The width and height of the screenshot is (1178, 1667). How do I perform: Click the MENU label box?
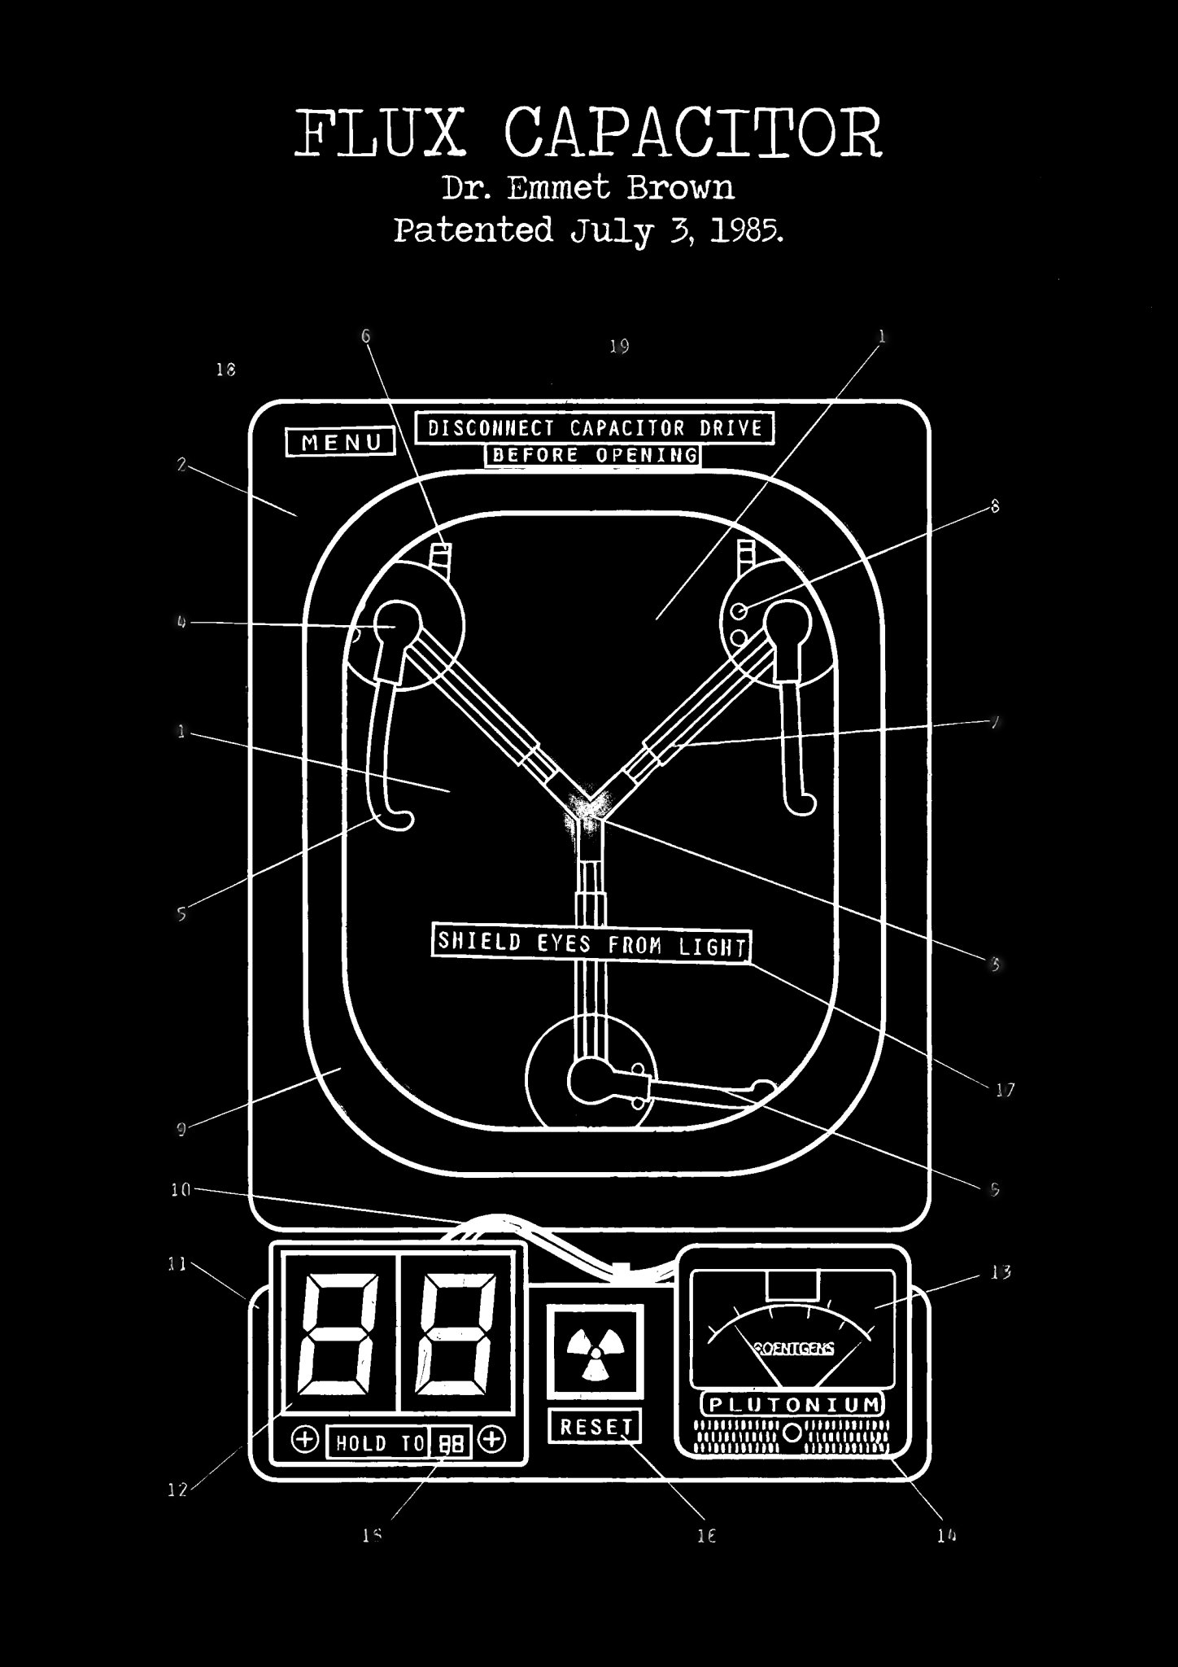coord(341,442)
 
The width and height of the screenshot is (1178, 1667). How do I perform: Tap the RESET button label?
coord(595,1425)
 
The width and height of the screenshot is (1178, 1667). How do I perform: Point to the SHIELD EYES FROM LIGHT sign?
coord(591,944)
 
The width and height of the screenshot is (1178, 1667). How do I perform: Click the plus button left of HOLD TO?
coord(305,1439)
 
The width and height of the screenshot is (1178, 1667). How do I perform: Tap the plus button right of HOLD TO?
coord(491,1439)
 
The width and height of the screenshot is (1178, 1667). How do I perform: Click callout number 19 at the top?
coord(620,347)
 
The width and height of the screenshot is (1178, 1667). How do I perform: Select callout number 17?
coord(1006,1090)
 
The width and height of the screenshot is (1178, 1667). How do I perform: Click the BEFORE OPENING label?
coord(592,455)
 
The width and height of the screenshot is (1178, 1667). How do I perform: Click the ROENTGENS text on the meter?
coord(794,1349)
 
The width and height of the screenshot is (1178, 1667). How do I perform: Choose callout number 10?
coord(180,1189)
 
